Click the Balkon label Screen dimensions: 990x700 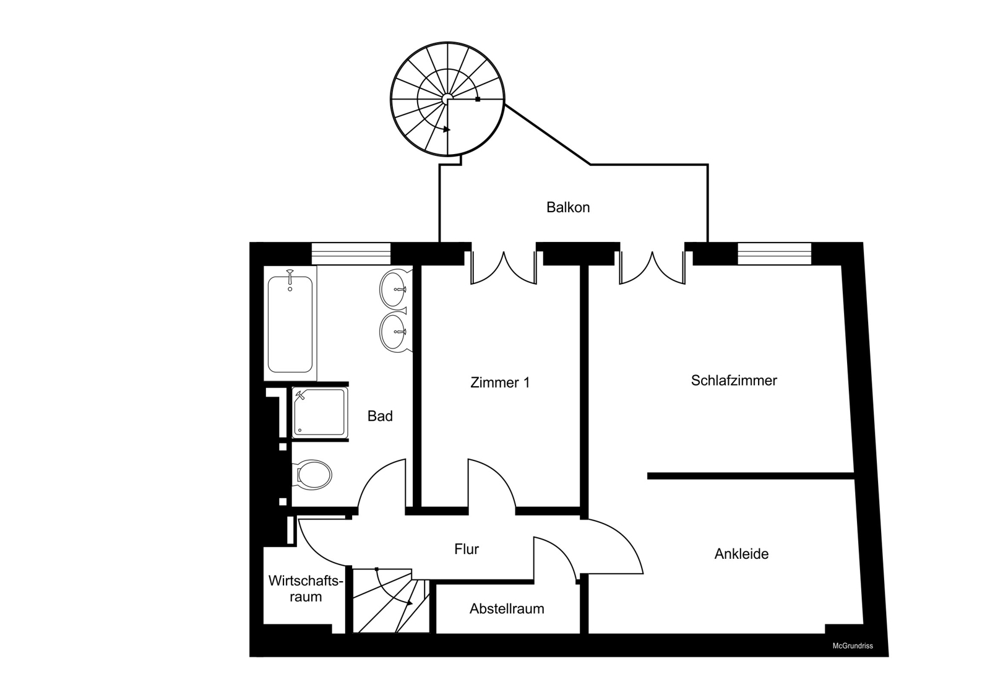point(568,207)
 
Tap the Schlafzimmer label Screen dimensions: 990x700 point(734,380)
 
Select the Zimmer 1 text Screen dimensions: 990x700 point(500,382)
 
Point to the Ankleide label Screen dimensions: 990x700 point(742,554)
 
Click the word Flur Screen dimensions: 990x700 point(467,549)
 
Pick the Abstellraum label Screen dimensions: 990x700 point(507,608)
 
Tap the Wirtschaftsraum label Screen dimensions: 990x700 point(306,589)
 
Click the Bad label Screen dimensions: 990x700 point(380,416)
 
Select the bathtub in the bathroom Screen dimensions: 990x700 point(290,323)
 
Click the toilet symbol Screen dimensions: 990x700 point(312,475)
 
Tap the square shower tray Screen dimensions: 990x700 point(319,412)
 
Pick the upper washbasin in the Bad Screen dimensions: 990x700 point(394,289)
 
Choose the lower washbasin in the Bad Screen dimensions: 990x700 point(394,332)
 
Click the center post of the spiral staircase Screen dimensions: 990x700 point(447,98)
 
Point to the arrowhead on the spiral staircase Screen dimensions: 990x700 point(447,129)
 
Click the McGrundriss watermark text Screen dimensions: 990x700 point(853,646)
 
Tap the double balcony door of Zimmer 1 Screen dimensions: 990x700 point(504,268)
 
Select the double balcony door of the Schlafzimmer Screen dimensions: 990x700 point(652,268)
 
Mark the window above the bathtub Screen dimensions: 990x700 point(351,254)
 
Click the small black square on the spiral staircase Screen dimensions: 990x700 point(478,99)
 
